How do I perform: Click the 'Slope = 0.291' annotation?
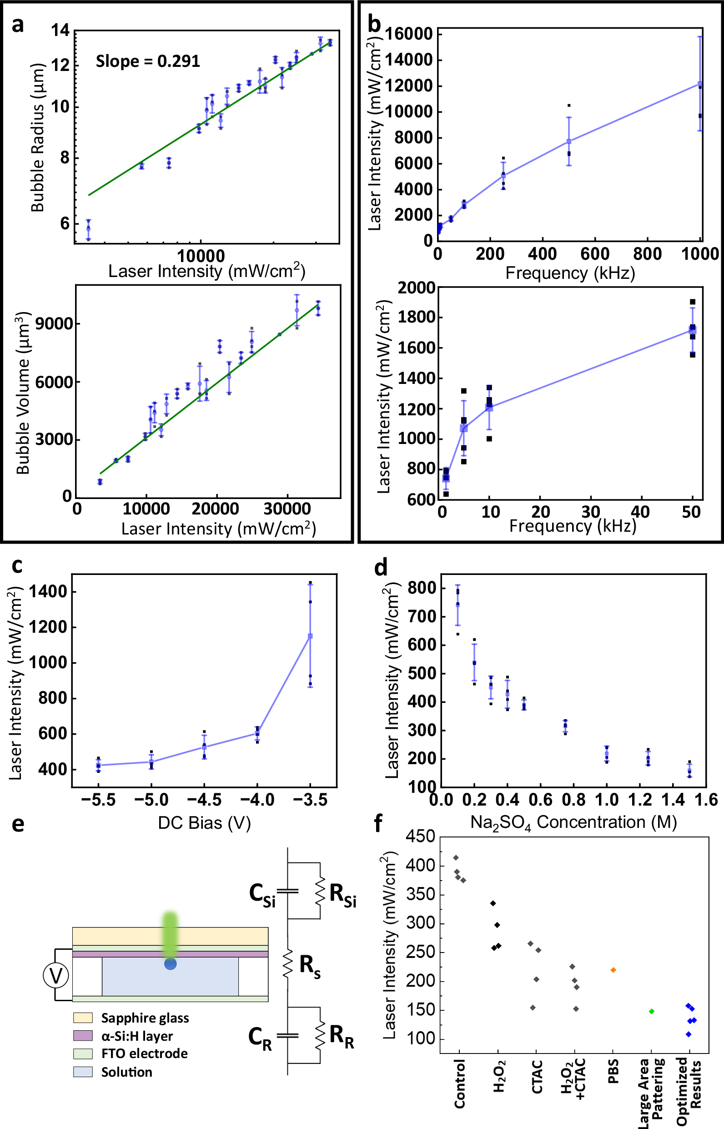148,61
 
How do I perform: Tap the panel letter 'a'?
17,25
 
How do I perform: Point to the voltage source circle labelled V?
56,977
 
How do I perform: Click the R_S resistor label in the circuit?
310,966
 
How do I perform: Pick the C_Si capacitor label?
262,894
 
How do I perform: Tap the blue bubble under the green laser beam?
170,964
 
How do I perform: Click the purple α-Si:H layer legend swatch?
83,1036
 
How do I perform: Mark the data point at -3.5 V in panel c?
310,636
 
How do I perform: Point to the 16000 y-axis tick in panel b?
408,34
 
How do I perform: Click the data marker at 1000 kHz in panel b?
700,84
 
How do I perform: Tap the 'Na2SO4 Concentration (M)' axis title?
573,822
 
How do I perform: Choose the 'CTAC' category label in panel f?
537,1076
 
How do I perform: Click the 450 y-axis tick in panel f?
420,837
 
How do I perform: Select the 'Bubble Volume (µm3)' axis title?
24,392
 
